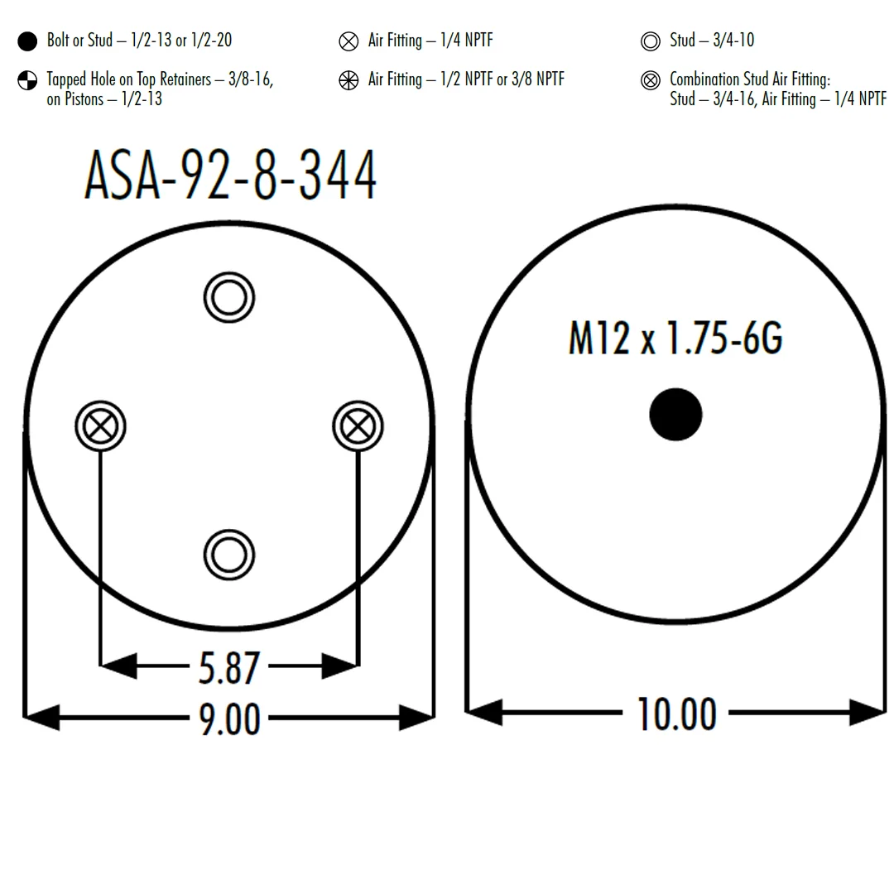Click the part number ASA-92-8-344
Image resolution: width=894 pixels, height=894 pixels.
click(230, 174)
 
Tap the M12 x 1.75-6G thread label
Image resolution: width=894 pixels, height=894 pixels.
click(675, 338)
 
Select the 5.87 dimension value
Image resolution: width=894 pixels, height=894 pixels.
click(229, 668)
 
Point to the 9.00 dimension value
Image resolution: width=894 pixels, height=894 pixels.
click(229, 719)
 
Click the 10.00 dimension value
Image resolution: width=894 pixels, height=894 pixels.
click(676, 714)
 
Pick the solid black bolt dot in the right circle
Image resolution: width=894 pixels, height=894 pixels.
click(675, 415)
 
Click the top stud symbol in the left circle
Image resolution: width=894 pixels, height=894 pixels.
click(229, 298)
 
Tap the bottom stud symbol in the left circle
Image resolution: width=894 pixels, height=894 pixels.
click(229, 555)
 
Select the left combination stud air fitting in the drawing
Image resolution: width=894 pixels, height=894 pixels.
click(100, 426)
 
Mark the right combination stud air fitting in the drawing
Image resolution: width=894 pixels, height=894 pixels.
click(358, 426)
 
